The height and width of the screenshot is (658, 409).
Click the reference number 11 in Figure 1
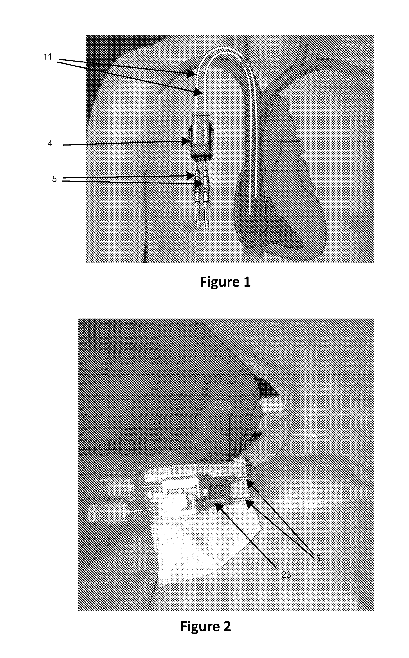(48, 57)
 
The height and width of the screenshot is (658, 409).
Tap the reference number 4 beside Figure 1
(50, 143)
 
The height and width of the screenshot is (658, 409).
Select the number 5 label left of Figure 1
(54, 179)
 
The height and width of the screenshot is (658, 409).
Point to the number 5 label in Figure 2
(318, 558)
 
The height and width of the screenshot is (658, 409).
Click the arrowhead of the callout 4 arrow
(186, 141)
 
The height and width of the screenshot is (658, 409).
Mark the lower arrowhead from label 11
(198, 92)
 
